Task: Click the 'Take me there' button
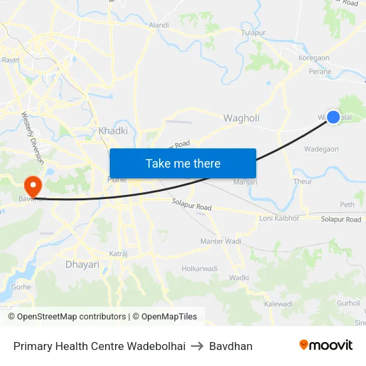(183, 163)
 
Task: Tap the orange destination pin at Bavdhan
(32, 184)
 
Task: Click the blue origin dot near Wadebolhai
(333, 117)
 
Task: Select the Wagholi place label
(241, 118)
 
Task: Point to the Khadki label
(113, 131)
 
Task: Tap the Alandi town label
(159, 25)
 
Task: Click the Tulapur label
(253, 32)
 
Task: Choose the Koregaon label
(314, 59)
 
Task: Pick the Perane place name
(320, 71)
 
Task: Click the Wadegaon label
(322, 150)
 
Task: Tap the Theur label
(303, 181)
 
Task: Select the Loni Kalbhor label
(279, 218)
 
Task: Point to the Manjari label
(245, 182)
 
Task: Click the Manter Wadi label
(221, 241)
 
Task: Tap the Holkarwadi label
(200, 269)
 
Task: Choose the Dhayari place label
(82, 264)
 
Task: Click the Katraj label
(118, 254)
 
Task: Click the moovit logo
(325, 345)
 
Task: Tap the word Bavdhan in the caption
(231, 346)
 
